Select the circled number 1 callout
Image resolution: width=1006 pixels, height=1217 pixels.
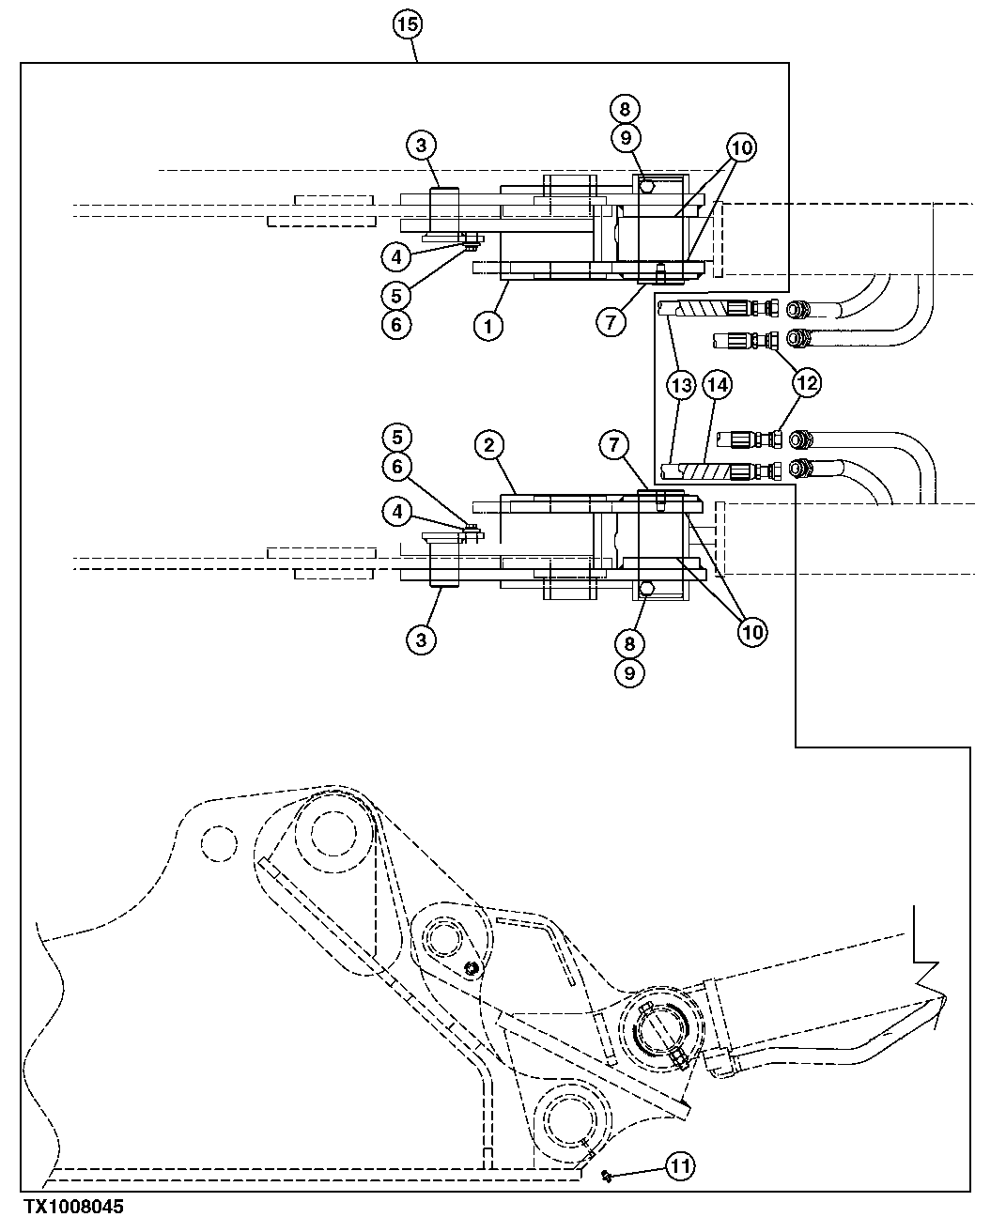point(488,326)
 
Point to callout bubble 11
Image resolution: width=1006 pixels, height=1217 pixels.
point(680,1166)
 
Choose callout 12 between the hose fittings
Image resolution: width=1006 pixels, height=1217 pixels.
point(807,383)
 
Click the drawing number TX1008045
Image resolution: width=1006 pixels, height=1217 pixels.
point(62,1207)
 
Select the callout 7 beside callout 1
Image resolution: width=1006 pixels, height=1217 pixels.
point(611,321)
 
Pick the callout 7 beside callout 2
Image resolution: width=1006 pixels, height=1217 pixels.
point(611,445)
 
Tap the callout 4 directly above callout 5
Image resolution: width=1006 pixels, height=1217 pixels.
point(395,254)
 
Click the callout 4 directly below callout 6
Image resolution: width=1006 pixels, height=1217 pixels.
point(395,512)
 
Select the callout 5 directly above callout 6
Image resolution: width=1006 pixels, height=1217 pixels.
point(395,437)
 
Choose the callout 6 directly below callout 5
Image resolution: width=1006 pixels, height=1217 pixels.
point(395,324)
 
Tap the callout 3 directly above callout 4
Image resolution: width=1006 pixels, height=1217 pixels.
point(421,146)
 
